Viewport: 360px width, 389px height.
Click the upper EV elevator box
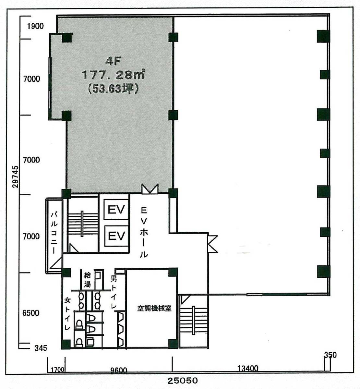click(x=116, y=210)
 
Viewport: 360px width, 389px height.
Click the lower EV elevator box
click(x=116, y=236)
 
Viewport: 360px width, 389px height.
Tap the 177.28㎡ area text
click(x=113, y=74)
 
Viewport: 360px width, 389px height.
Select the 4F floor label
click(x=113, y=61)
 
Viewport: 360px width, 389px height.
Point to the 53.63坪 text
click(x=113, y=88)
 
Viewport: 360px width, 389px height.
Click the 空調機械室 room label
click(x=154, y=308)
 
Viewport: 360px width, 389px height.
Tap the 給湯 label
click(x=87, y=280)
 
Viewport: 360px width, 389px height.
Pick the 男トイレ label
click(x=114, y=292)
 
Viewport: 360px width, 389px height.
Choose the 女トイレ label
click(x=67, y=314)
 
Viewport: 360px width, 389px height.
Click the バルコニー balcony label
click(x=54, y=232)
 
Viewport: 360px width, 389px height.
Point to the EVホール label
click(x=144, y=232)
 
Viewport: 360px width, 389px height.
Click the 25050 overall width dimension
click(x=183, y=381)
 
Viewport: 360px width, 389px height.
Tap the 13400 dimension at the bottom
click(x=248, y=368)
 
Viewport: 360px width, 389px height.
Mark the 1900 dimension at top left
click(x=35, y=26)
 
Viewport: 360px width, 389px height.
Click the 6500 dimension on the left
click(x=31, y=313)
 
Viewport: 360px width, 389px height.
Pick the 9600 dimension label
click(x=118, y=371)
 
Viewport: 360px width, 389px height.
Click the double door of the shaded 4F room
click(x=150, y=189)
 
